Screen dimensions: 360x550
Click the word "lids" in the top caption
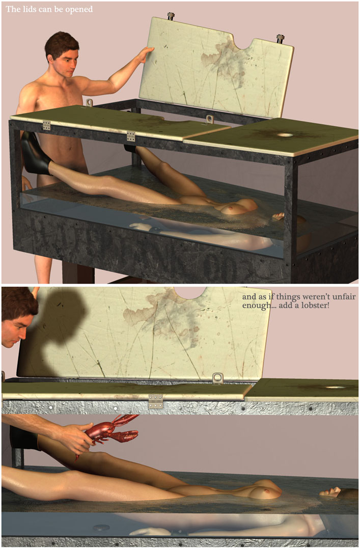[x=30, y=9]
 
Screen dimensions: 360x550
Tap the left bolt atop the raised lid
[x=171, y=16]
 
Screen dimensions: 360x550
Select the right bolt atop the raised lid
[x=280, y=38]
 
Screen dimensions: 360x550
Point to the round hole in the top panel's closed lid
[x=285, y=134]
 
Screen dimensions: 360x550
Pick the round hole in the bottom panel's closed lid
[x=335, y=388]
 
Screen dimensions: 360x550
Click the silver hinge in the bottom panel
[x=155, y=401]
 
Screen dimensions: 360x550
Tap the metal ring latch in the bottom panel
[x=218, y=378]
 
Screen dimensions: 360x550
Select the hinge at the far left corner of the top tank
[x=46, y=125]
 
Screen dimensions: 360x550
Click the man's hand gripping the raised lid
[x=145, y=55]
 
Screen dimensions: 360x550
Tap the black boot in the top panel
[x=36, y=154]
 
